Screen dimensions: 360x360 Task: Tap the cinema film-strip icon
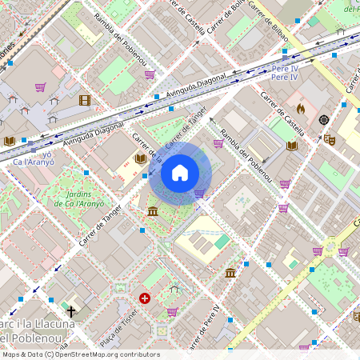[85, 101]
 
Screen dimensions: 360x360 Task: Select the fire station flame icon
[301, 108]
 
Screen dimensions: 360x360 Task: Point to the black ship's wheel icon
[324, 120]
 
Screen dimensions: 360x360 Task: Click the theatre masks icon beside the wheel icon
[329, 138]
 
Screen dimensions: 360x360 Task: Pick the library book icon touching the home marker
[142, 158]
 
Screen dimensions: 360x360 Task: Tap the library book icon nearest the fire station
[292, 146]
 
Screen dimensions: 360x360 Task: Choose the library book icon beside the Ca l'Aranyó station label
[9, 141]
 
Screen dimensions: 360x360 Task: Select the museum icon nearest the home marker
[152, 210]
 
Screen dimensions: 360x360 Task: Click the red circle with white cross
[145, 298]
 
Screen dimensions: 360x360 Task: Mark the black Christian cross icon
[71, 310]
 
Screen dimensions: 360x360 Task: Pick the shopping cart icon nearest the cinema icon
[40, 87]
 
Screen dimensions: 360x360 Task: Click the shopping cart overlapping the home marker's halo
[199, 193]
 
